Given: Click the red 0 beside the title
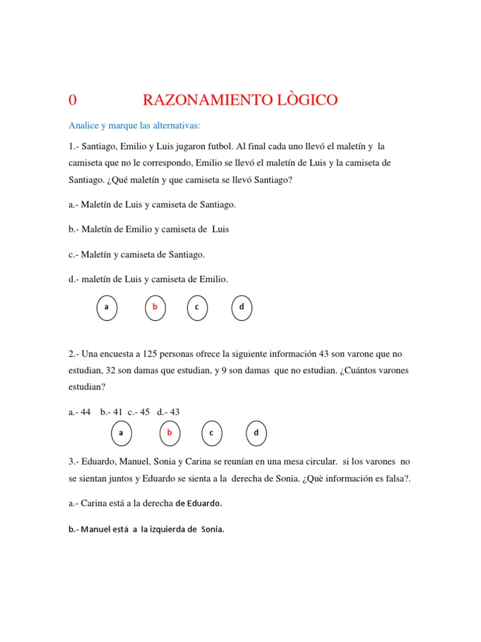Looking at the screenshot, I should (73, 100).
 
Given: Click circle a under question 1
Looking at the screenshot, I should (106, 307).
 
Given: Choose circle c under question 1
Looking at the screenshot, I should (197, 307).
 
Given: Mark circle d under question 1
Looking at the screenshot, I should (242, 307).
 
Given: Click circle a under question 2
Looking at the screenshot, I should (121, 433).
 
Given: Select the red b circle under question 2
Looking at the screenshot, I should (169, 433).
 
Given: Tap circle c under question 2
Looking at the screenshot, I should (212, 433).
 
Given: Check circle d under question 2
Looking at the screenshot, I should (256, 433).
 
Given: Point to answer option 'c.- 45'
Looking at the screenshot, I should (139, 412).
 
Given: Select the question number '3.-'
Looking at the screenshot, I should (75, 461).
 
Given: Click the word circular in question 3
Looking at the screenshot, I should (319, 461).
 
